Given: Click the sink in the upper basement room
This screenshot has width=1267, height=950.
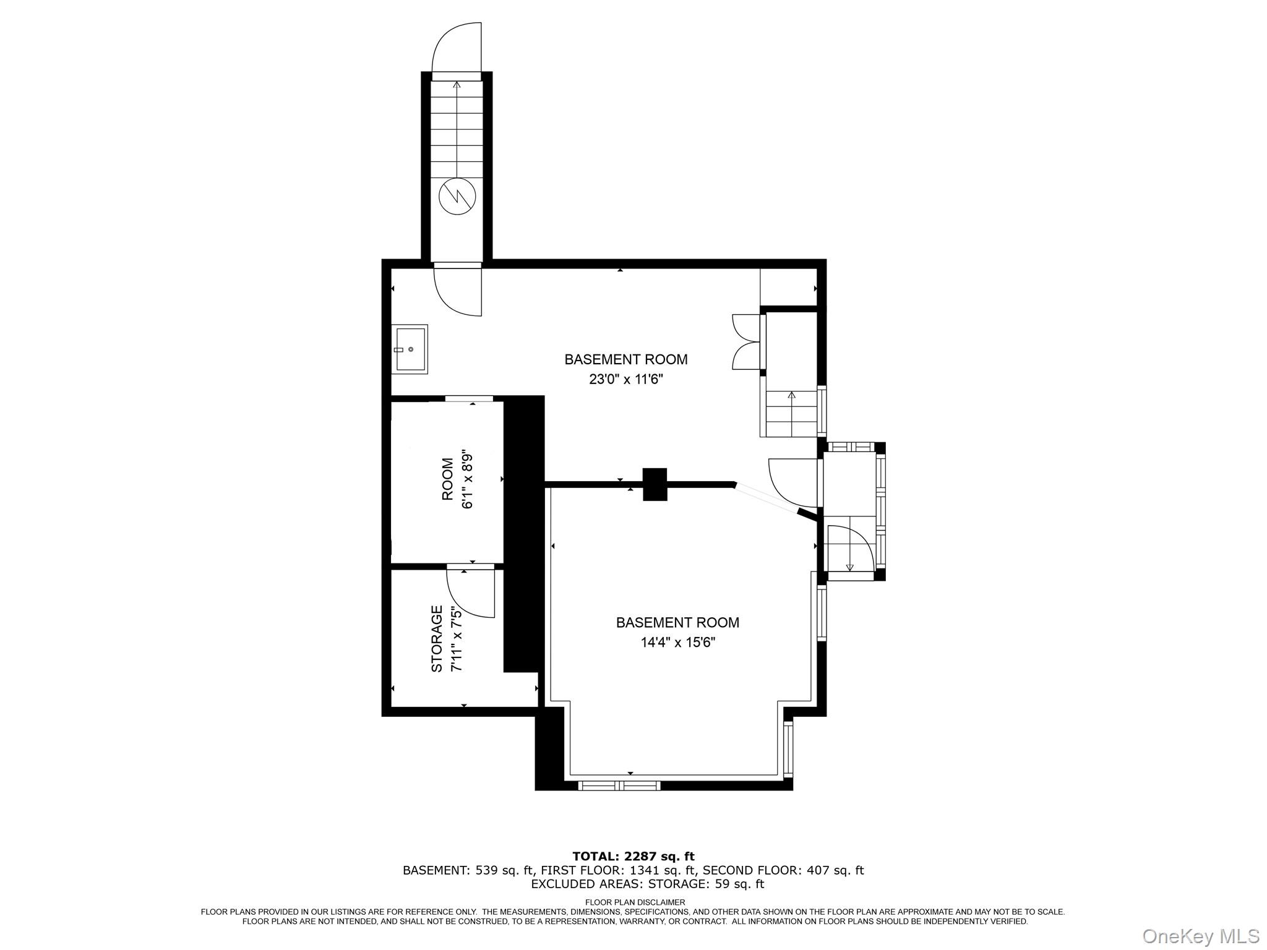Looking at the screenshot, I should [x=410, y=349].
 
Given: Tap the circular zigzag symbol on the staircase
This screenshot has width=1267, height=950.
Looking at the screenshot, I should [x=457, y=196].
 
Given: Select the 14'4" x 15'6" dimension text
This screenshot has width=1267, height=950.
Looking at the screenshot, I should [x=677, y=643].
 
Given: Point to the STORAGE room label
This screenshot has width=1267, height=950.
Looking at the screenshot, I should [x=437, y=639].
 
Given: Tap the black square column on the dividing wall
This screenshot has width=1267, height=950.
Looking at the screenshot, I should [x=655, y=484].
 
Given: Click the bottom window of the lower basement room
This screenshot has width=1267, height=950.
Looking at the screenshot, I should [x=619, y=785].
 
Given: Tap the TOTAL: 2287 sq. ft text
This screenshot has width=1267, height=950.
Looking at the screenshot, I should [x=633, y=857].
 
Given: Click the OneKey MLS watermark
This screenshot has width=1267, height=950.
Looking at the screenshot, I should [x=1200, y=936].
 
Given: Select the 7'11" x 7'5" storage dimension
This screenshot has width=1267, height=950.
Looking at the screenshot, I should [x=457, y=639].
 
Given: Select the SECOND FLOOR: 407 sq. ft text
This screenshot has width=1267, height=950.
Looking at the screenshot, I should [x=783, y=870].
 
